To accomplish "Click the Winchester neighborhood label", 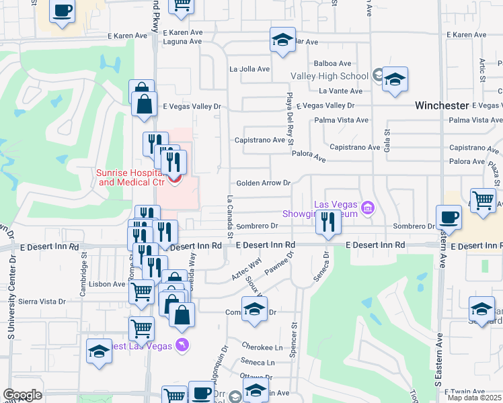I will click(x=441, y=105).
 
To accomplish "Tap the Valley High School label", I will click(x=329, y=76).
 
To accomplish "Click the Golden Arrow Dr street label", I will click(x=262, y=183).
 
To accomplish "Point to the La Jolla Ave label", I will click(x=249, y=69).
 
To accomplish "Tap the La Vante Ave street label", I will click(x=341, y=91).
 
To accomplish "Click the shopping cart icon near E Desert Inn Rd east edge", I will click(x=483, y=199).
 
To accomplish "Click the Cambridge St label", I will click(x=85, y=262).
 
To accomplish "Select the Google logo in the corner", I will click(x=22, y=395).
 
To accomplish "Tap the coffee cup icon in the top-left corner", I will click(x=63, y=11).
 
